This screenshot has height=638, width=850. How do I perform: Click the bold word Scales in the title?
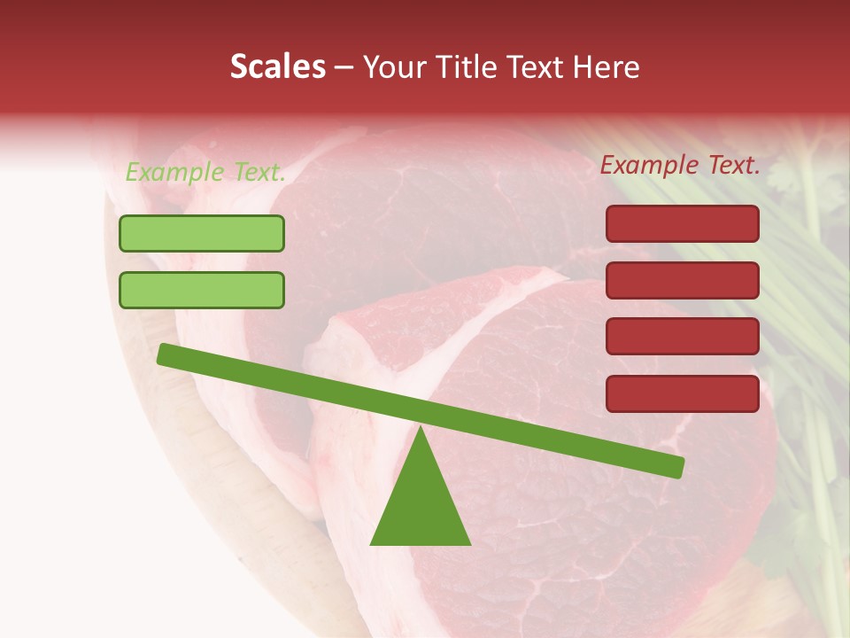tap(277, 67)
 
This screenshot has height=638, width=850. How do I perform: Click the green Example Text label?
tap(205, 173)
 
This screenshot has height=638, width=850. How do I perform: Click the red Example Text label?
tap(680, 165)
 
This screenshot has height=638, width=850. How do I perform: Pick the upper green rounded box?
tap(202, 234)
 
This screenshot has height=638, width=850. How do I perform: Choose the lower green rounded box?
tap(202, 291)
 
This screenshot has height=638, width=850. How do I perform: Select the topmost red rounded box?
tap(683, 224)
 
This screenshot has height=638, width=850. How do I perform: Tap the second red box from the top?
tap(683, 281)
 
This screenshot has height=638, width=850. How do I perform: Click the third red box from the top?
tap(683, 337)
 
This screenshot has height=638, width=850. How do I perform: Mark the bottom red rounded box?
tap(683, 393)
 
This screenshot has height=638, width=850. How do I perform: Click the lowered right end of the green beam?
tap(676, 466)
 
